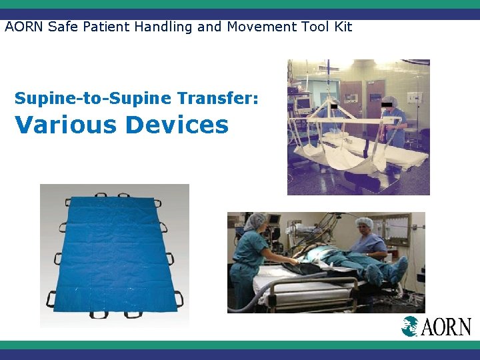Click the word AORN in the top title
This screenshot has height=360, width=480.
pos(21,27)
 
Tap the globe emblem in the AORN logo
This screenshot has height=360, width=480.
pos(411,326)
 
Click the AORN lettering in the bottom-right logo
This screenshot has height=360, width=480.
pos(446,327)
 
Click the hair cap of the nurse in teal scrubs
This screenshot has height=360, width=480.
pos(256,220)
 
